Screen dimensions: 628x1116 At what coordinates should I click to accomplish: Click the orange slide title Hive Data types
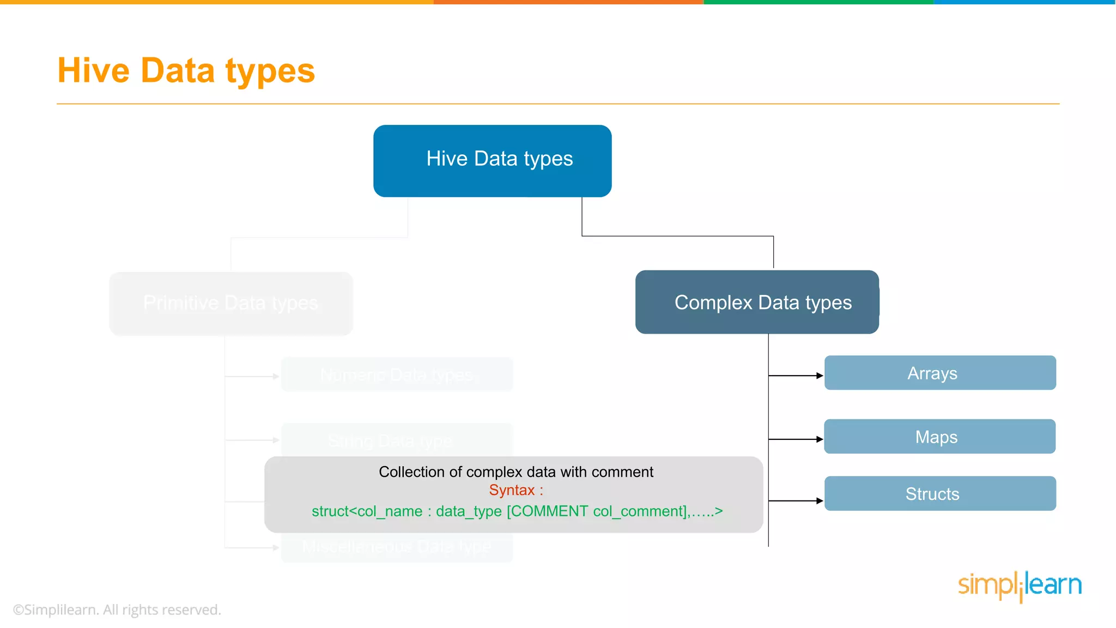click(x=186, y=71)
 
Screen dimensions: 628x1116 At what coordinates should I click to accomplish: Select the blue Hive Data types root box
click(x=492, y=161)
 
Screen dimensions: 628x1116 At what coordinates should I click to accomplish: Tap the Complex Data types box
click(x=757, y=302)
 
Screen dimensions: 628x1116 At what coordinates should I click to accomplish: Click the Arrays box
click(x=939, y=373)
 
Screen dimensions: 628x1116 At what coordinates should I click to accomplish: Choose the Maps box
click(x=939, y=437)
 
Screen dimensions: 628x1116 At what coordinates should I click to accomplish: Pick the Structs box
click(x=939, y=493)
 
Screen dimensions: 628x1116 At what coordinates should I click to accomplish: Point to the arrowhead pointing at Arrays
click(x=820, y=376)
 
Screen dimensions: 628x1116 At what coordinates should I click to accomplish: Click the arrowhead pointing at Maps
click(x=820, y=439)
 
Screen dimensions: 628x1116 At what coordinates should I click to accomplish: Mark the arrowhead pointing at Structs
click(x=820, y=500)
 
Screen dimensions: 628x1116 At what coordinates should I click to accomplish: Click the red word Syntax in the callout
click(x=512, y=490)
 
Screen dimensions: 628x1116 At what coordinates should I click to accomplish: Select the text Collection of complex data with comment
click(x=515, y=472)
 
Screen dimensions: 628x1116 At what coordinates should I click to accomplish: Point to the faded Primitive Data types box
click(x=231, y=303)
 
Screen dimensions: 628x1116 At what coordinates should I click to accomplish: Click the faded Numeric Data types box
click(x=397, y=375)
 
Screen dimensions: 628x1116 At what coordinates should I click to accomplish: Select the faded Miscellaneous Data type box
click(x=397, y=547)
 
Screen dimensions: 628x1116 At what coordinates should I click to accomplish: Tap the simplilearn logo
click(x=1020, y=585)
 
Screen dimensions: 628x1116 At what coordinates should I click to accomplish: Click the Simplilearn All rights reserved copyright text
click(x=117, y=609)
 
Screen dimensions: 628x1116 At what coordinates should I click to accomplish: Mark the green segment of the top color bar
click(x=818, y=2)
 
